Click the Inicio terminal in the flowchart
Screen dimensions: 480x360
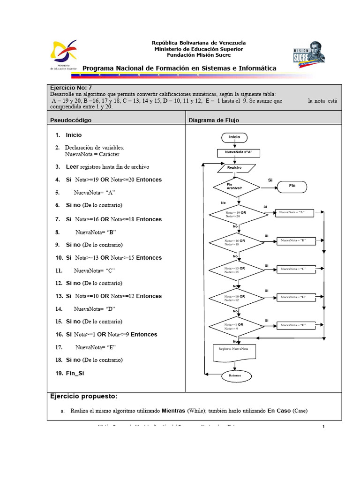point(234,137)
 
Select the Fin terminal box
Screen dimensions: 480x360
point(292,186)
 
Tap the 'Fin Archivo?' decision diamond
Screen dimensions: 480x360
point(236,186)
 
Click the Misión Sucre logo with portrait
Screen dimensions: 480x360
point(309,55)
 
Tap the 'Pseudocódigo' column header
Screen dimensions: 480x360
point(71,120)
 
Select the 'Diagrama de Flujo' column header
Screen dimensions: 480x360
point(214,120)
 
